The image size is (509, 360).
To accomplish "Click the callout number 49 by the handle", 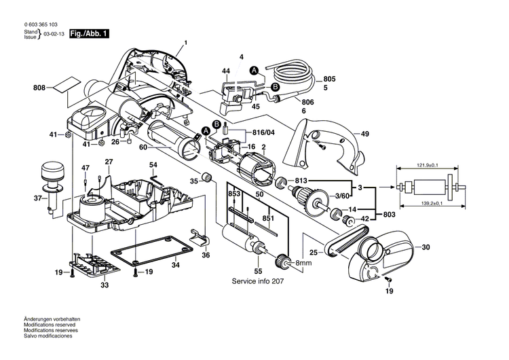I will [x=364, y=134].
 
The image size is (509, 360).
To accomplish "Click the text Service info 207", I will [x=260, y=281].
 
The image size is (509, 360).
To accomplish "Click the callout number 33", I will [x=104, y=286].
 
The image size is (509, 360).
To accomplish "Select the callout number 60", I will [x=142, y=145].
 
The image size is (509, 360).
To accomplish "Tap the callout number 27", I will [x=109, y=161].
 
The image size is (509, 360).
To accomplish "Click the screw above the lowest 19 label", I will [x=389, y=279].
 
